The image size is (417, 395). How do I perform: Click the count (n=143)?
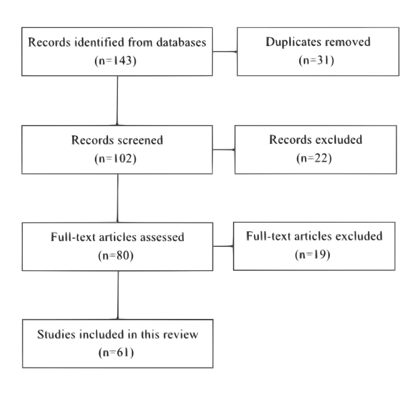pyautogui.click(x=115, y=61)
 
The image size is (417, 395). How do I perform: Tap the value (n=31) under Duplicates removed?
pyautogui.click(x=316, y=61)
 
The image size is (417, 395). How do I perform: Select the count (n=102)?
pyautogui.click(x=115, y=158)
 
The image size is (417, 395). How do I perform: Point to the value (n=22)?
pyautogui.click(x=314, y=158)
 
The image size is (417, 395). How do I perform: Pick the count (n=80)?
pyautogui.click(x=116, y=255)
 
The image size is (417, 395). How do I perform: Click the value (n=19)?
pyautogui.click(x=313, y=254)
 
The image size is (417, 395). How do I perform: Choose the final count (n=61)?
pyautogui.click(x=116, y=352)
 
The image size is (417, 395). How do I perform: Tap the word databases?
pyautogui.click(x=181, y=42)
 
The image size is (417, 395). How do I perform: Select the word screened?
pyautogui.click(x=140, y=140)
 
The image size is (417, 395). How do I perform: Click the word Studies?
pyautogui.click(x=57, y=334)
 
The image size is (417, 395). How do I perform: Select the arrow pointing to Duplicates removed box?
pyautogui.click(x=225, y=52)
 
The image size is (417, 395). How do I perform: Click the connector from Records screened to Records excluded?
pyautogui.click(x=223, y=150)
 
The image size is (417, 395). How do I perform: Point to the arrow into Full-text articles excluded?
pyautogui.click(x=223, y=246)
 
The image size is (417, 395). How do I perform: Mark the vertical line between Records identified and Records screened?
pyautogui.click(x=117, y=101)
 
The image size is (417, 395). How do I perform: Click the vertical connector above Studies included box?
pyautogui.click(x=118, y=295)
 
